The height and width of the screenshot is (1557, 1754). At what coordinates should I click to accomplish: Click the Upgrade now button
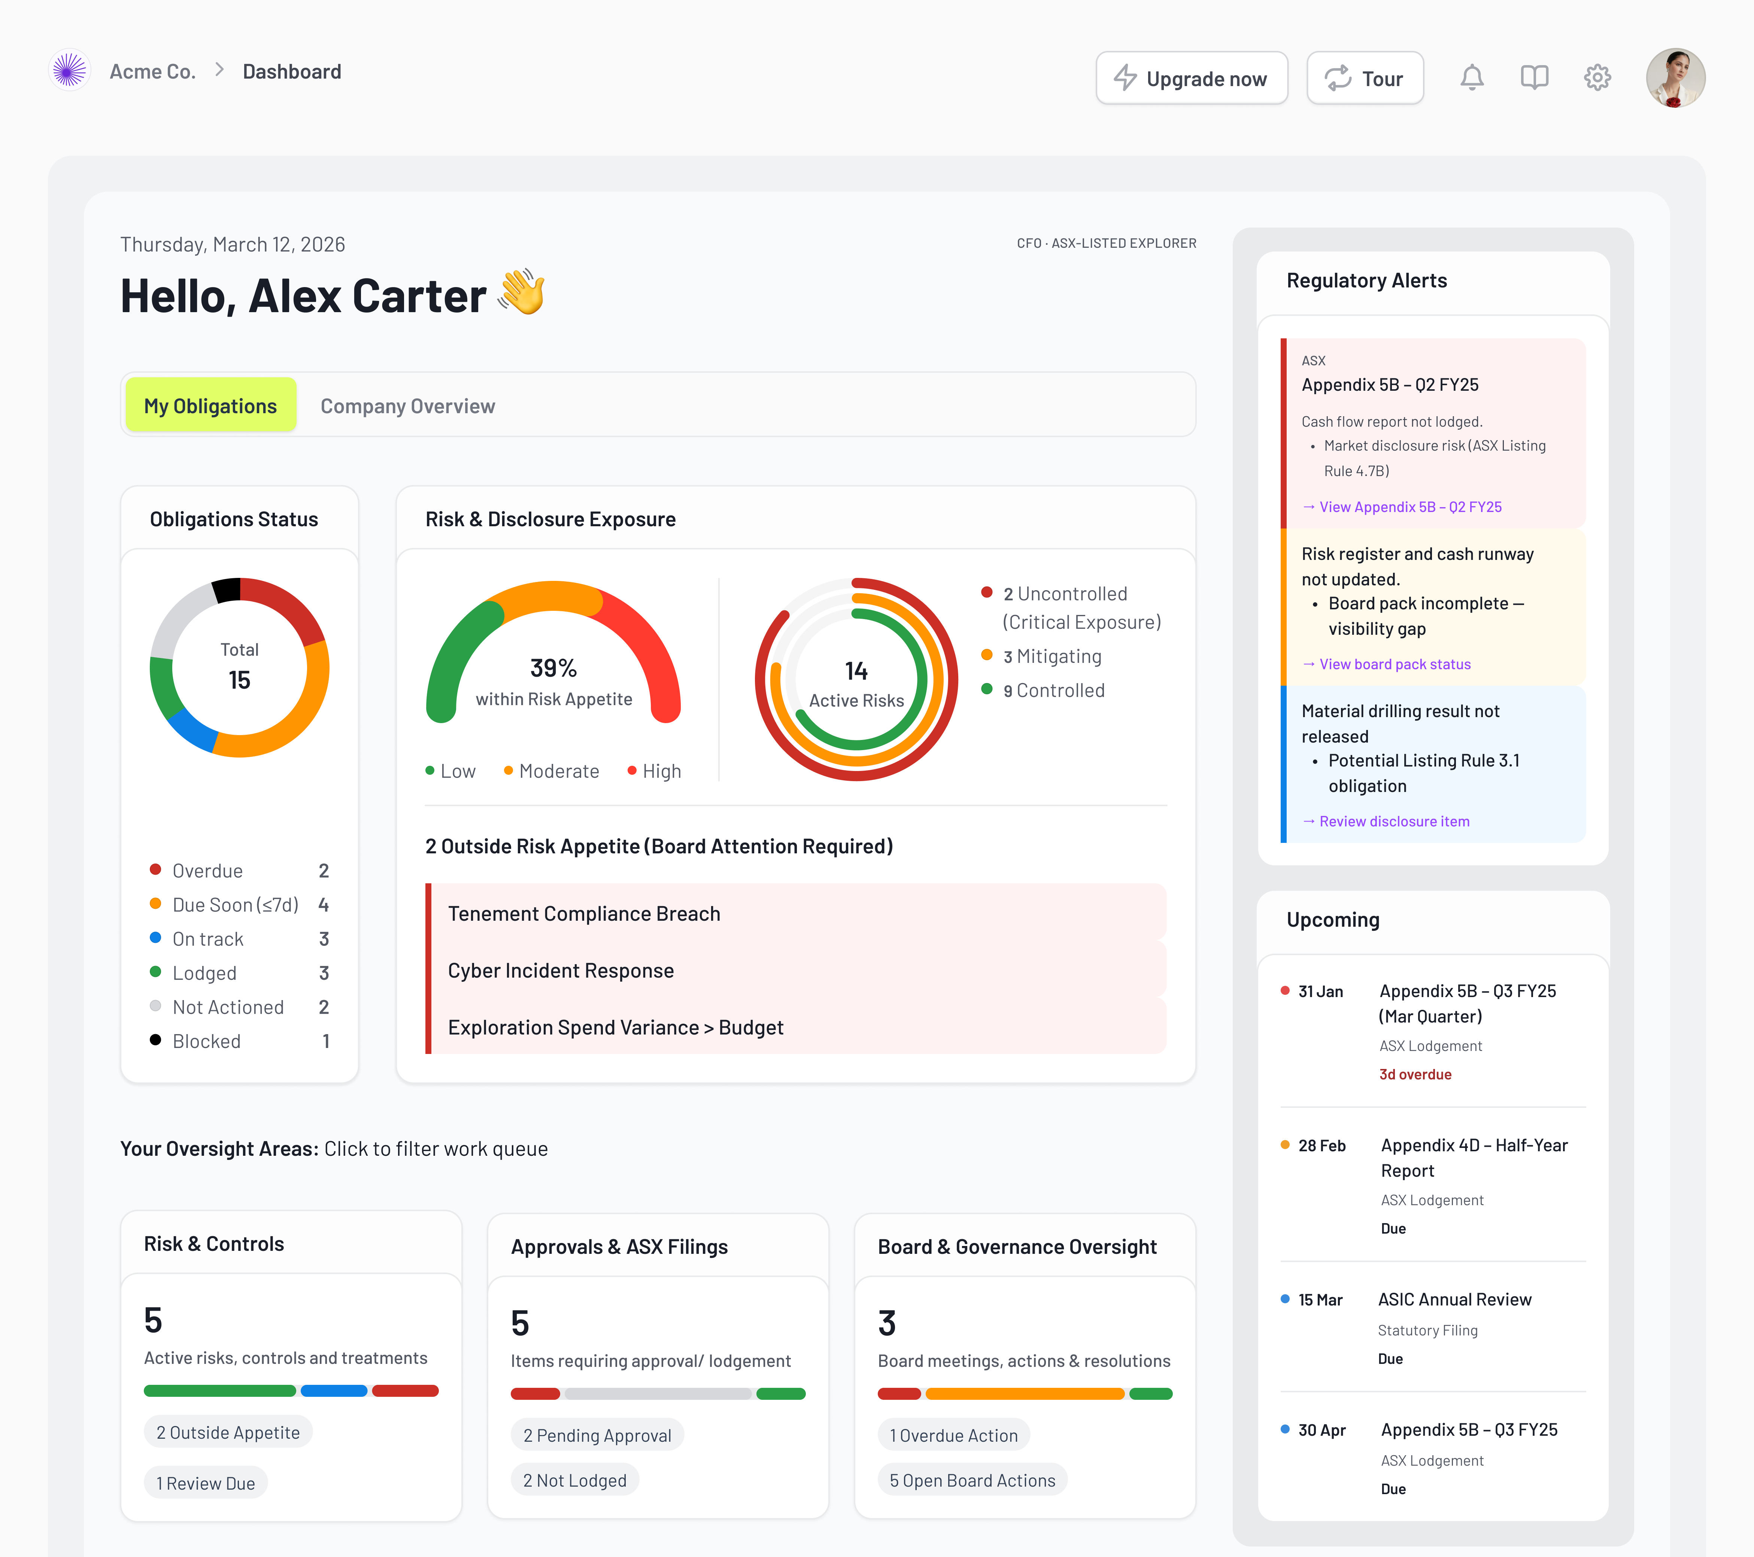click(1191, 78)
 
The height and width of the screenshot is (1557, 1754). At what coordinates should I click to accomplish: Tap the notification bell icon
click(1472, 78)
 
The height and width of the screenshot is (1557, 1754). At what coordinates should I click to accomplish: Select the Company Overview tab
click(408, 406)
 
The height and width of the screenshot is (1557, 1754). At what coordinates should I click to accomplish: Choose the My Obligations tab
click(210, 406)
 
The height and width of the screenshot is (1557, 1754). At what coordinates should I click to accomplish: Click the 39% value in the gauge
click(553, 667)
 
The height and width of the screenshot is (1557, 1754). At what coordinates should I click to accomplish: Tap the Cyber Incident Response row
click(560, 970)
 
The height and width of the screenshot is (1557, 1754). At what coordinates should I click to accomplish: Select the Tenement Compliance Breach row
click(583, 914)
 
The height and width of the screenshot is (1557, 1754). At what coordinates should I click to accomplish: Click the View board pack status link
click(1395, 664)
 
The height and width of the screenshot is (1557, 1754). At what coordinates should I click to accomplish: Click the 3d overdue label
click(1415, 1074)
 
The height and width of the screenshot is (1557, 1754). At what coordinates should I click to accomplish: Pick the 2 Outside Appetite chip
click(227, 1433)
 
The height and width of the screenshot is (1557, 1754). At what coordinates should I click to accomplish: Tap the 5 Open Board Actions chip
click(972, 1481)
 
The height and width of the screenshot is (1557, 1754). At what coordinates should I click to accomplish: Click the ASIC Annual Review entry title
click(1454, 1299)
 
